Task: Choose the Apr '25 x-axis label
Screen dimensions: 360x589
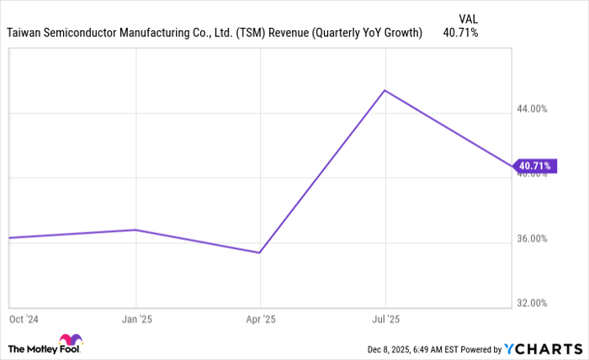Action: click(x=260, y=320)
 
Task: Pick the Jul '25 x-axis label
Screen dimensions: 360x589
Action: click(x=385, y=320)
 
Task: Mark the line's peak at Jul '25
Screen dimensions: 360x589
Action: click(x=385, y=90)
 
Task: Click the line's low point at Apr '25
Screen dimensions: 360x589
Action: click(x=260, y=252)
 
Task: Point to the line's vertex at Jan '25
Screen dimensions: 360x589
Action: click(x=135, y=230)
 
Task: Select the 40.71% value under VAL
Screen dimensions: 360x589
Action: click(x=460, y=33)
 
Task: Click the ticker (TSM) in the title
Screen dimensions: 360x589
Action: click(x=251, y=33)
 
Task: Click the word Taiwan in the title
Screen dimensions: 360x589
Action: click(x=24, y=33)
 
